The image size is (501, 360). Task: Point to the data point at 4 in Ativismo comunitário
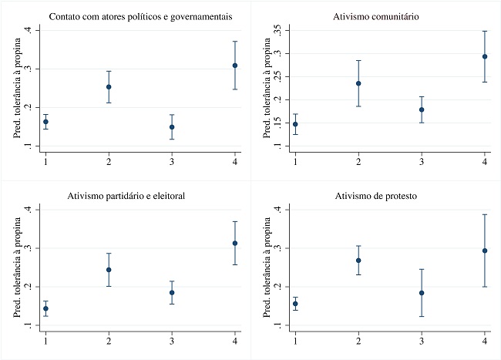click(x=485, y=56)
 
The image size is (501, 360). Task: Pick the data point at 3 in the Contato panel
click(x=172, y=127)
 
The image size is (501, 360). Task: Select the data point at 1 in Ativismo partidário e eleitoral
click(x=45, y=308)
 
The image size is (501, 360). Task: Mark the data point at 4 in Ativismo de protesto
click(x=485, y=251)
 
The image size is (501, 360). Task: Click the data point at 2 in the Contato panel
click(x=109, y=87)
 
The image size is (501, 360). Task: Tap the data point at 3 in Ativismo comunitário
click(x=422, y=109)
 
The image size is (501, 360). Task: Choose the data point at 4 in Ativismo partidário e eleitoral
click(x=234, y=243)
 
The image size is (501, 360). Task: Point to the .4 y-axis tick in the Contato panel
click(x=28, y=30)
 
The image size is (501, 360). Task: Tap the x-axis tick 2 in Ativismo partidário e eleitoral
click(x=109, y=340)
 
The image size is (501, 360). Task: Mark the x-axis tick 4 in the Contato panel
click(x=235, y=160)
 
